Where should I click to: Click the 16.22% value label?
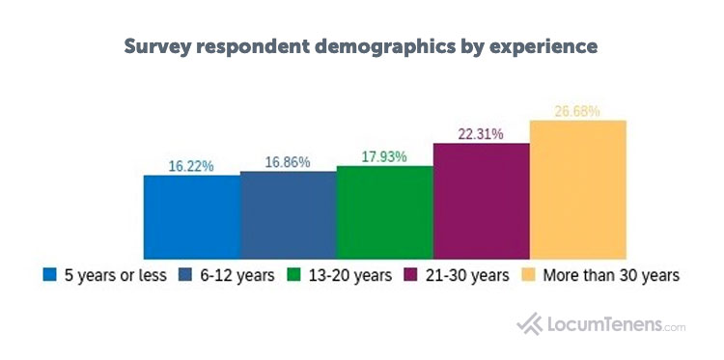pos(191,165)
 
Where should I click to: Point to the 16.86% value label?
pos(288,162)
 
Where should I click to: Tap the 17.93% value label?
pos(384,156)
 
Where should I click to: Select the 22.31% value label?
pos(481,134)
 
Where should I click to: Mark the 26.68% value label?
pos(577,111)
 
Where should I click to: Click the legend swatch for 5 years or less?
pos(49,275)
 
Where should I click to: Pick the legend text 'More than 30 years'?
pos(610,275)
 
